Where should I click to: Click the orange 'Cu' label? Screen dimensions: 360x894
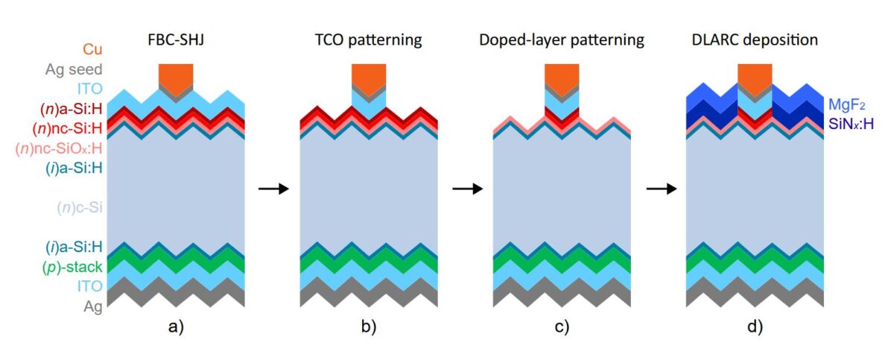click(x=92, y=49)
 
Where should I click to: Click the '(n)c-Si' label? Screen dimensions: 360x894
click(x=79, y=207)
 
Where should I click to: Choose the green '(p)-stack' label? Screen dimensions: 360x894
click(x=74, y=266)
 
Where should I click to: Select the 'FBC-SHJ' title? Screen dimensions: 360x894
click(x=177, y=40)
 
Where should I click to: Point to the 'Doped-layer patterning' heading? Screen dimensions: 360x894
click(x=561, y=40)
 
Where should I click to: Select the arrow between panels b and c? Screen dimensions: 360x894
click(x=467, y=189)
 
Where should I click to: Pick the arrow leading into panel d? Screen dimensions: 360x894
click(x=661, y=189)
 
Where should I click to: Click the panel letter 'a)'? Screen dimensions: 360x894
click(x=177, y=327)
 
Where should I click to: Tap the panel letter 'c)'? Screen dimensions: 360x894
click(x=561, y=327)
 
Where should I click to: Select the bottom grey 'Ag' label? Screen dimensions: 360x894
click(x=92, y=306)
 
